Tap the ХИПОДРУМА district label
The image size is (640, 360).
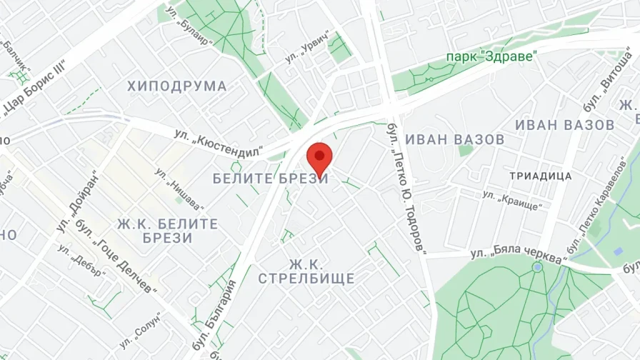177,86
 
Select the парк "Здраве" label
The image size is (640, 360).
491,56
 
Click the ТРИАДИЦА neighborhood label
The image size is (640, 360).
540,175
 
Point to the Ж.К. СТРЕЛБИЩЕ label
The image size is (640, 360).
306,271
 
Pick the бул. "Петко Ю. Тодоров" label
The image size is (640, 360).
405,188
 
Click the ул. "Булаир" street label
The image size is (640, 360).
191,26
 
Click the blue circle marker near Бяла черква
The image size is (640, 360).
537,266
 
